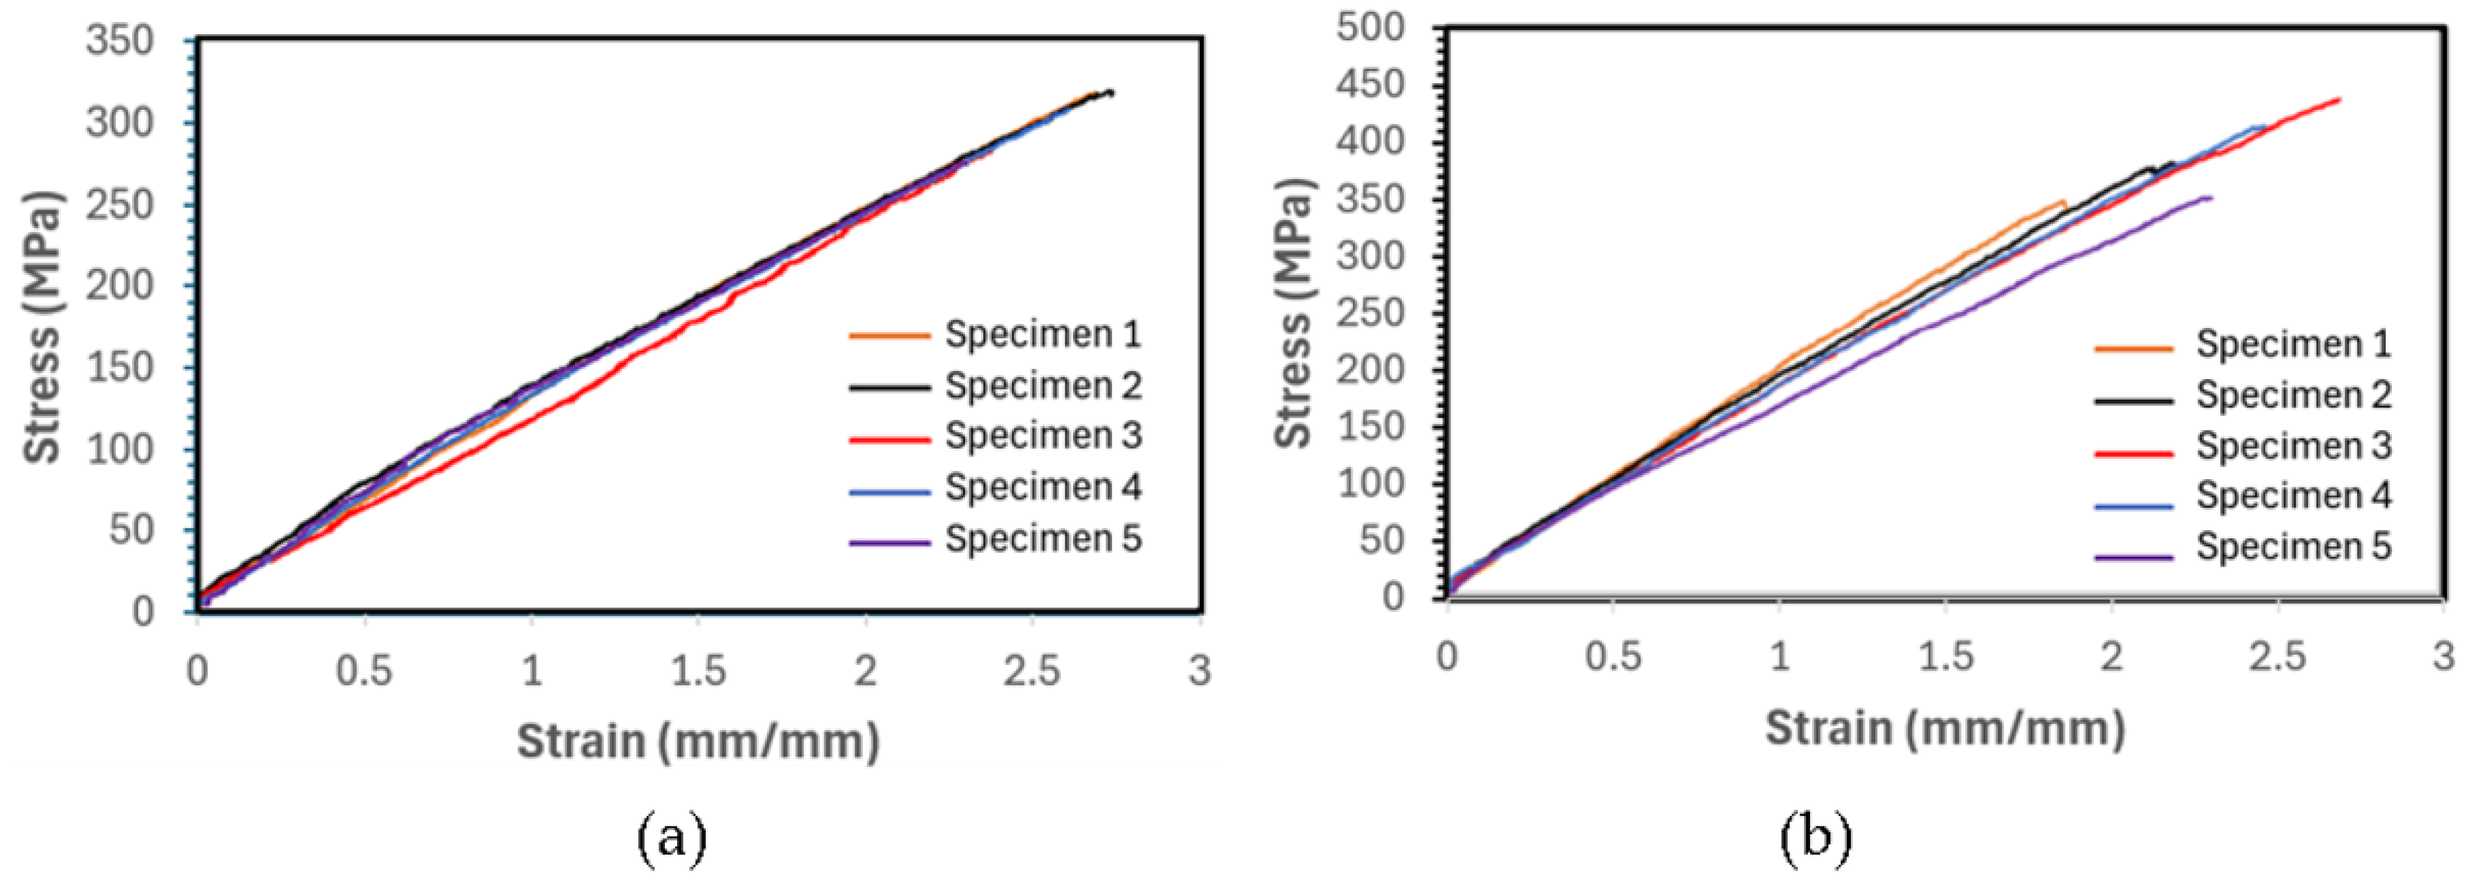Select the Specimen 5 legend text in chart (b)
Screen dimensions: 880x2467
coord(2293,547)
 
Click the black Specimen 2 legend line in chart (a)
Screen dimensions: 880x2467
coord(889,388)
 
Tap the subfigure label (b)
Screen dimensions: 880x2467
coord(1816,837)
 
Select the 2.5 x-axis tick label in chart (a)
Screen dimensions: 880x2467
coord(1032,671)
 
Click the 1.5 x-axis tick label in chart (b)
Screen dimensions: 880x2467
coord(1945,657)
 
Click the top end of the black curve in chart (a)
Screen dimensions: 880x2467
coord(1112,92)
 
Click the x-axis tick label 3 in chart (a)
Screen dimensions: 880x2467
coord(1200,671)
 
